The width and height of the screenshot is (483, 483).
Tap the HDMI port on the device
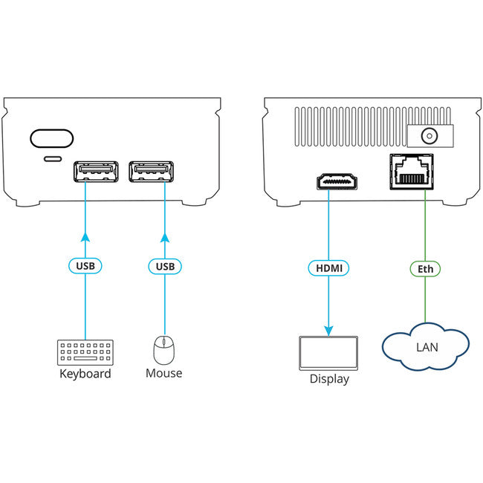coord(339,181)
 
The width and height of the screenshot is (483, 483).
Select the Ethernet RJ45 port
coord(410,172)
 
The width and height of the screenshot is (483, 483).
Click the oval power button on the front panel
coord(52,139)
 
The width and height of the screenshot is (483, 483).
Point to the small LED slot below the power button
coord(53,159)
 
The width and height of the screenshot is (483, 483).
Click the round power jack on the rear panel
coord(428,136)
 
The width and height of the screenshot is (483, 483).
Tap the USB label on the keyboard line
coord(85,265)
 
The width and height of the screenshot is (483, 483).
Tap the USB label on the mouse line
coord(164,265)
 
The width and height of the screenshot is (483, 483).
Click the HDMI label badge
coord(328,267)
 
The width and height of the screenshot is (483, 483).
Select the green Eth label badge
coord(425,268)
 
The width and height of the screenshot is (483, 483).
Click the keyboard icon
coord(85,351)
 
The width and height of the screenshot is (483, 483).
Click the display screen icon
coord(328,353)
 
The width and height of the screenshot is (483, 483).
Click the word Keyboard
coord(85,373)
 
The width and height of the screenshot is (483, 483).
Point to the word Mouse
coord(163,373)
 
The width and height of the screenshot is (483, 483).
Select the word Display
coord(328,379)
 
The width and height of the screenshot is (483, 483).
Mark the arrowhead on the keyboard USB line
coord(85,238)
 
